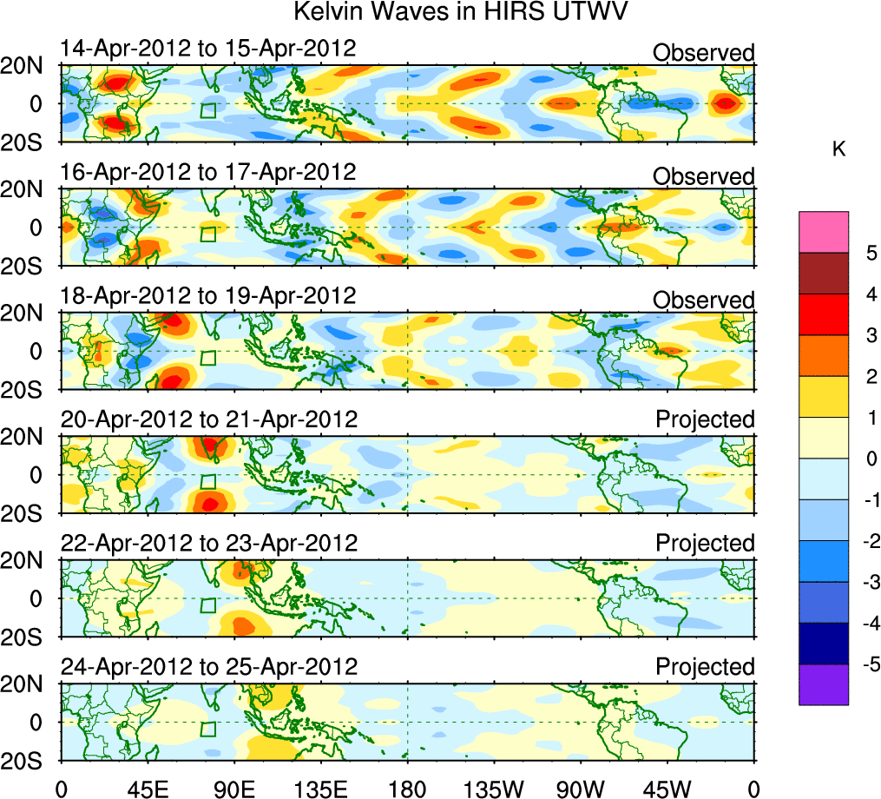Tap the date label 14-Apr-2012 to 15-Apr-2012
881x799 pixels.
click(208, 49)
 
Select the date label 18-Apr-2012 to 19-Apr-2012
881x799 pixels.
click(208, 296)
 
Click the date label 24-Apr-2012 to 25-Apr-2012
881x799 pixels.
click(209, 667)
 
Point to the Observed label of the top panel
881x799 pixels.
click(704, 53)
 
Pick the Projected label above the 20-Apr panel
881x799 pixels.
click(705, 419)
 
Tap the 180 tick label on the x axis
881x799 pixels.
click(407, 788)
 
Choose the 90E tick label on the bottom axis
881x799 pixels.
click(233, 788)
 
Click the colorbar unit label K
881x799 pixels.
click(838, 149)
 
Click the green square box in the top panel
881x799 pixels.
click(208, 110)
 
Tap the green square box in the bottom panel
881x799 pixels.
click(208, 729)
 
